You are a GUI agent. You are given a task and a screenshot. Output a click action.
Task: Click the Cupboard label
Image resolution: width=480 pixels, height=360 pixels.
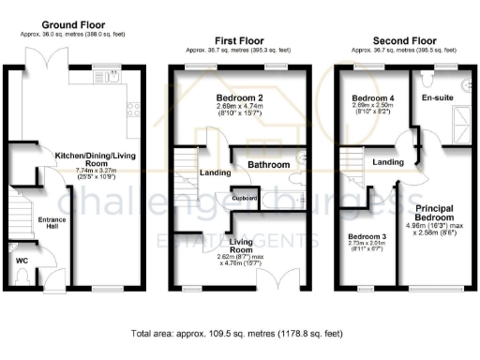[246, 198]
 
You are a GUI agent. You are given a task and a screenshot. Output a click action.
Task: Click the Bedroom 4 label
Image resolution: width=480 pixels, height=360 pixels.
[371, 97]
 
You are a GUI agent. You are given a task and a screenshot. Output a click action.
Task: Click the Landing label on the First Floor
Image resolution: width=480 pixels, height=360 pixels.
[211, 172]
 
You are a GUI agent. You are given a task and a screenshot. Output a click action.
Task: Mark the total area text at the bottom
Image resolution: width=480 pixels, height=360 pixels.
[236, 333]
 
